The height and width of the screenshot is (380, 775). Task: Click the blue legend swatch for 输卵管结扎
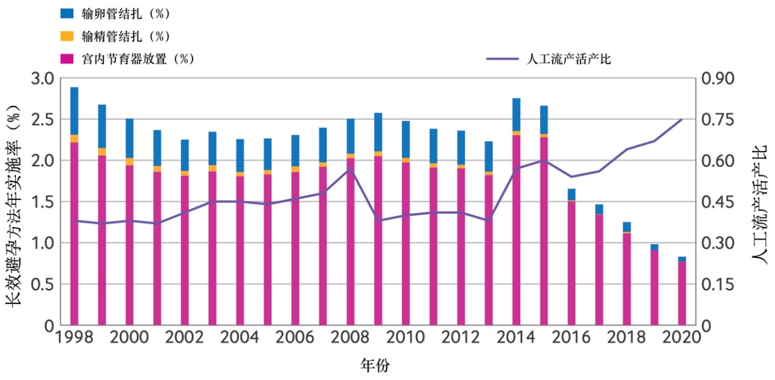[x=67, y=13]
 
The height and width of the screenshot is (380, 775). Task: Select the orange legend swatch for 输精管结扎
[x=67, y=35]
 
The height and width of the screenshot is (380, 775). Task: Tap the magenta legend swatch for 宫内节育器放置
[x=67, y=59]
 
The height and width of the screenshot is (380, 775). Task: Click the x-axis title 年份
[x=375, y=365]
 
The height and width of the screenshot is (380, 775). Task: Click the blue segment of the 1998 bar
[x=74, y=111]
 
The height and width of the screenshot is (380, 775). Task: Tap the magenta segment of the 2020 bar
[x=682, y=294]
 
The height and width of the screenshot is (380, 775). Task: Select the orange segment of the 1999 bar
[x=102, y=152]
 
